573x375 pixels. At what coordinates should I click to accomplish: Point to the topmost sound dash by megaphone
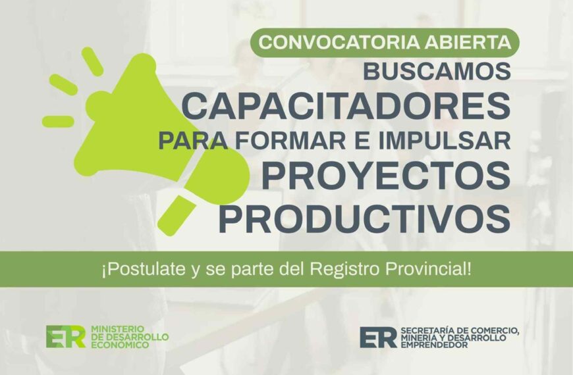pyautogui.click(x=92, y=60)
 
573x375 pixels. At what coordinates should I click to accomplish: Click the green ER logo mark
pyautogui.click(x=66, y=336)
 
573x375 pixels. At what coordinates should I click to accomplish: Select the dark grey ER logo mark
pyautogui.click(x=379, y=336)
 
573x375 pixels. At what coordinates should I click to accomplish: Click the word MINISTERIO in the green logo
pyautogui.click(x=116, y=327)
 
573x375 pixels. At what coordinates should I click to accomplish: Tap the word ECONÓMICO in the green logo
pyautogui.click(x=116, y=345)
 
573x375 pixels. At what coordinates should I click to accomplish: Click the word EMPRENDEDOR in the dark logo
pyautogui.click(x=434, y=345)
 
